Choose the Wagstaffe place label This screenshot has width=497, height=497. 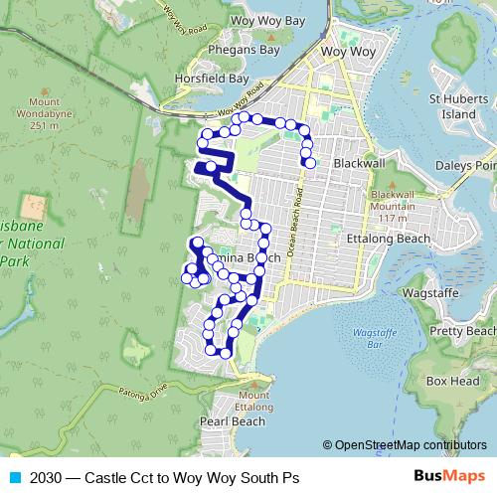[x=428, y=295]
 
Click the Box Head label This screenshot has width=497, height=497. [x=452, y=381]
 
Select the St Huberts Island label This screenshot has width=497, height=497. [x=452, y=106]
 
